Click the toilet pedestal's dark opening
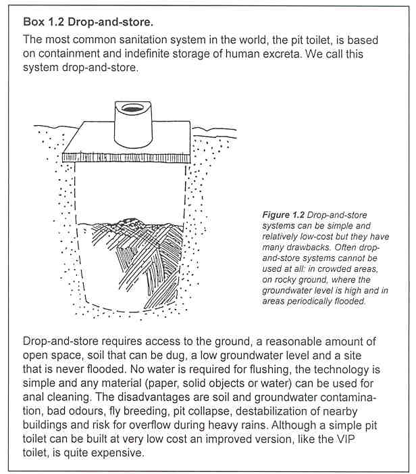click(130, 110)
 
